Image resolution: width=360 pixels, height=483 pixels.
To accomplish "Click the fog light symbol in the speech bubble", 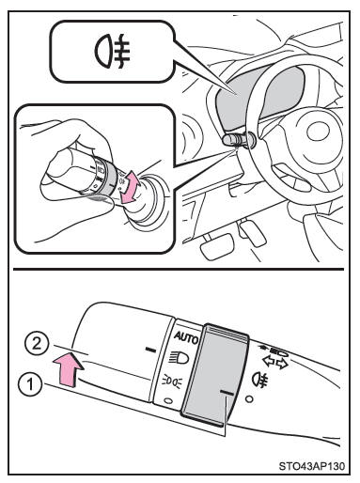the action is point(112,51).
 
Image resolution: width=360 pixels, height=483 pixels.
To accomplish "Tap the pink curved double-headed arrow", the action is point(129,187).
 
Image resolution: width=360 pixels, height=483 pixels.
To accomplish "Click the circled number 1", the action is point(30,384).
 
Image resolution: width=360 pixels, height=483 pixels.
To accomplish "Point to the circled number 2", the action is point(37,345).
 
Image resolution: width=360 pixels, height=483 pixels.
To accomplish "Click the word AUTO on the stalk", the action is point(186,337).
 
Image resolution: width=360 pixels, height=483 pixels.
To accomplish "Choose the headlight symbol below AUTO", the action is point(179,358).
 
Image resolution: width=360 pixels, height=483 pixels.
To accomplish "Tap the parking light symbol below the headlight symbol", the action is point(172,382).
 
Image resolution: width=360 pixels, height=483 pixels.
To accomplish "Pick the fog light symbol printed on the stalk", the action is point(259,379).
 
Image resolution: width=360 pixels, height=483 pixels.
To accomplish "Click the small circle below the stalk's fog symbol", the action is point(249,399).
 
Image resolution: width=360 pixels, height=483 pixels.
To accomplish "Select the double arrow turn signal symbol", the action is point(275,363).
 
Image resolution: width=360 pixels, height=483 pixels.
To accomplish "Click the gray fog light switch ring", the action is point(213,375).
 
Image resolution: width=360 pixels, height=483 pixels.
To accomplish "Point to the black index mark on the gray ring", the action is point(227,393).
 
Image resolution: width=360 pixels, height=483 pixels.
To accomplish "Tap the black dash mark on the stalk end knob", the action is point(150,350).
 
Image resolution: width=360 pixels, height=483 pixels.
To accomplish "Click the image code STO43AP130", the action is point(312,466).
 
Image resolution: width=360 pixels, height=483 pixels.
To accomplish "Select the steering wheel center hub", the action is point(318,132).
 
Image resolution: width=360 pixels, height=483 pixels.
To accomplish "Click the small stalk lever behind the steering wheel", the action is point(239,139).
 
